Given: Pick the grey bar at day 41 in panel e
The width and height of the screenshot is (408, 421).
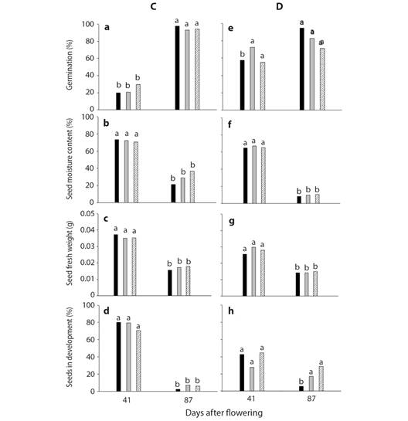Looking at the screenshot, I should coord(253,79).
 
